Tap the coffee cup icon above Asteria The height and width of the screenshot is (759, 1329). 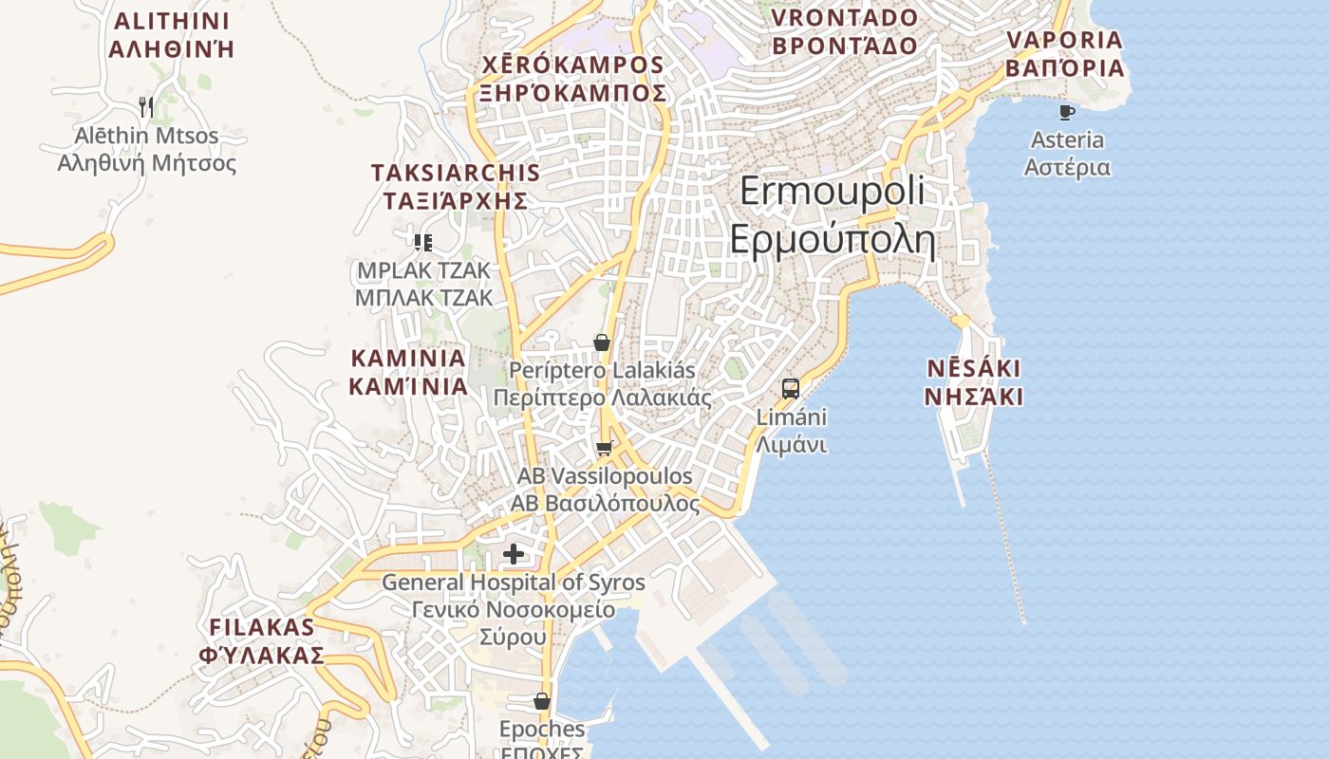click(1066, 112)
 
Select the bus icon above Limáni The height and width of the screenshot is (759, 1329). click(790, 388)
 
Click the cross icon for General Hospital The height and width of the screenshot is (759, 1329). click(514, 554)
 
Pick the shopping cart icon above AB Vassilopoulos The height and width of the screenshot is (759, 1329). click(604, 448)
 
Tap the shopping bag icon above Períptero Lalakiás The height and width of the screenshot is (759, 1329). click(601, 342)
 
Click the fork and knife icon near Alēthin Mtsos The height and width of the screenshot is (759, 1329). click(146, 106)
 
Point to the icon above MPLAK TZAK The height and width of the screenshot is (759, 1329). click(423, 242)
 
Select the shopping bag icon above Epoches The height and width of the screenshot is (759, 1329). click(541, 701)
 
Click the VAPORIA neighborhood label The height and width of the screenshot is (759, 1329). click(1064, 41)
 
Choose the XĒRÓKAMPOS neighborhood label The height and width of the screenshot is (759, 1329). click(572, 65)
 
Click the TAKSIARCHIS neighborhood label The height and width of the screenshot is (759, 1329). click(455, 173)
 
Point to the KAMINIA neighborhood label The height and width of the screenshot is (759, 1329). click(408, 360)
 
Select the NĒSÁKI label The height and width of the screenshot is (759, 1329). click(974, 369)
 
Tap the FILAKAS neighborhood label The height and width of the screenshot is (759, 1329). click(261, 627)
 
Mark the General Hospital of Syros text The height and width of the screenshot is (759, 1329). click(513, 583)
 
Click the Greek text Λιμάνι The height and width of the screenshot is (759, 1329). click(791, 445)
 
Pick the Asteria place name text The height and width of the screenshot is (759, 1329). click(1067, 140)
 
